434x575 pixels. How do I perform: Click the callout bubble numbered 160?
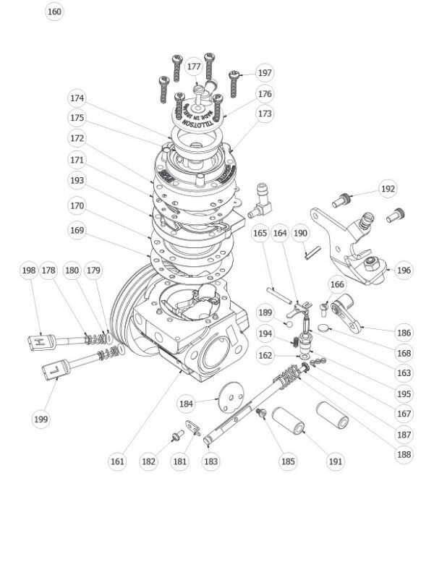pos(54,12)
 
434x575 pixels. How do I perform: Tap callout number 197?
pos(265,73)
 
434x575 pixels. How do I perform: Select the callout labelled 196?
pos(404,271)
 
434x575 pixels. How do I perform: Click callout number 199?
pos(41,418)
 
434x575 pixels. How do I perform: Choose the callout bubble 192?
pos(388,189)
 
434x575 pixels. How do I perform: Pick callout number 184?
pos(187,403)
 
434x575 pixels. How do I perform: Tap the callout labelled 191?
pos(335,461)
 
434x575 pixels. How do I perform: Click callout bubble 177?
pos(194,67)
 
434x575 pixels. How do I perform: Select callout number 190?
pos(300,234)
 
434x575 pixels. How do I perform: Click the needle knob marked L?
pos(56,370)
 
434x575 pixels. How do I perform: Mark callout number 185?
pos(289,461)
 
